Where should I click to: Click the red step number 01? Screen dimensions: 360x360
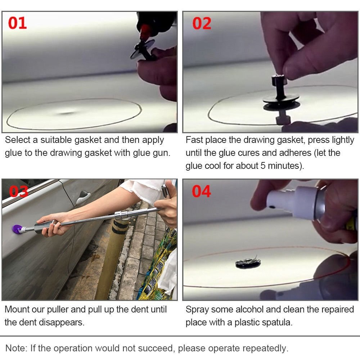[x=17, y=23]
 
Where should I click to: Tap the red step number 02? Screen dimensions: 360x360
[x=202, y=23]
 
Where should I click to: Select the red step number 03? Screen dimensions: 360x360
[x=18, y=191]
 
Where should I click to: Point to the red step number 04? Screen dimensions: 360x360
[x=201, y=191]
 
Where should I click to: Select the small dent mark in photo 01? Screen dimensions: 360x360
[x=67, y=113]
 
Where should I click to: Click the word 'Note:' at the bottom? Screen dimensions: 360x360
[x=16, y=348]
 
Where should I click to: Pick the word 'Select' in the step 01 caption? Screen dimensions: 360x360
[x=18, y=140]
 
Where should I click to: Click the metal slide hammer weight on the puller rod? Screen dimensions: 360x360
[x=122, y=215]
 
